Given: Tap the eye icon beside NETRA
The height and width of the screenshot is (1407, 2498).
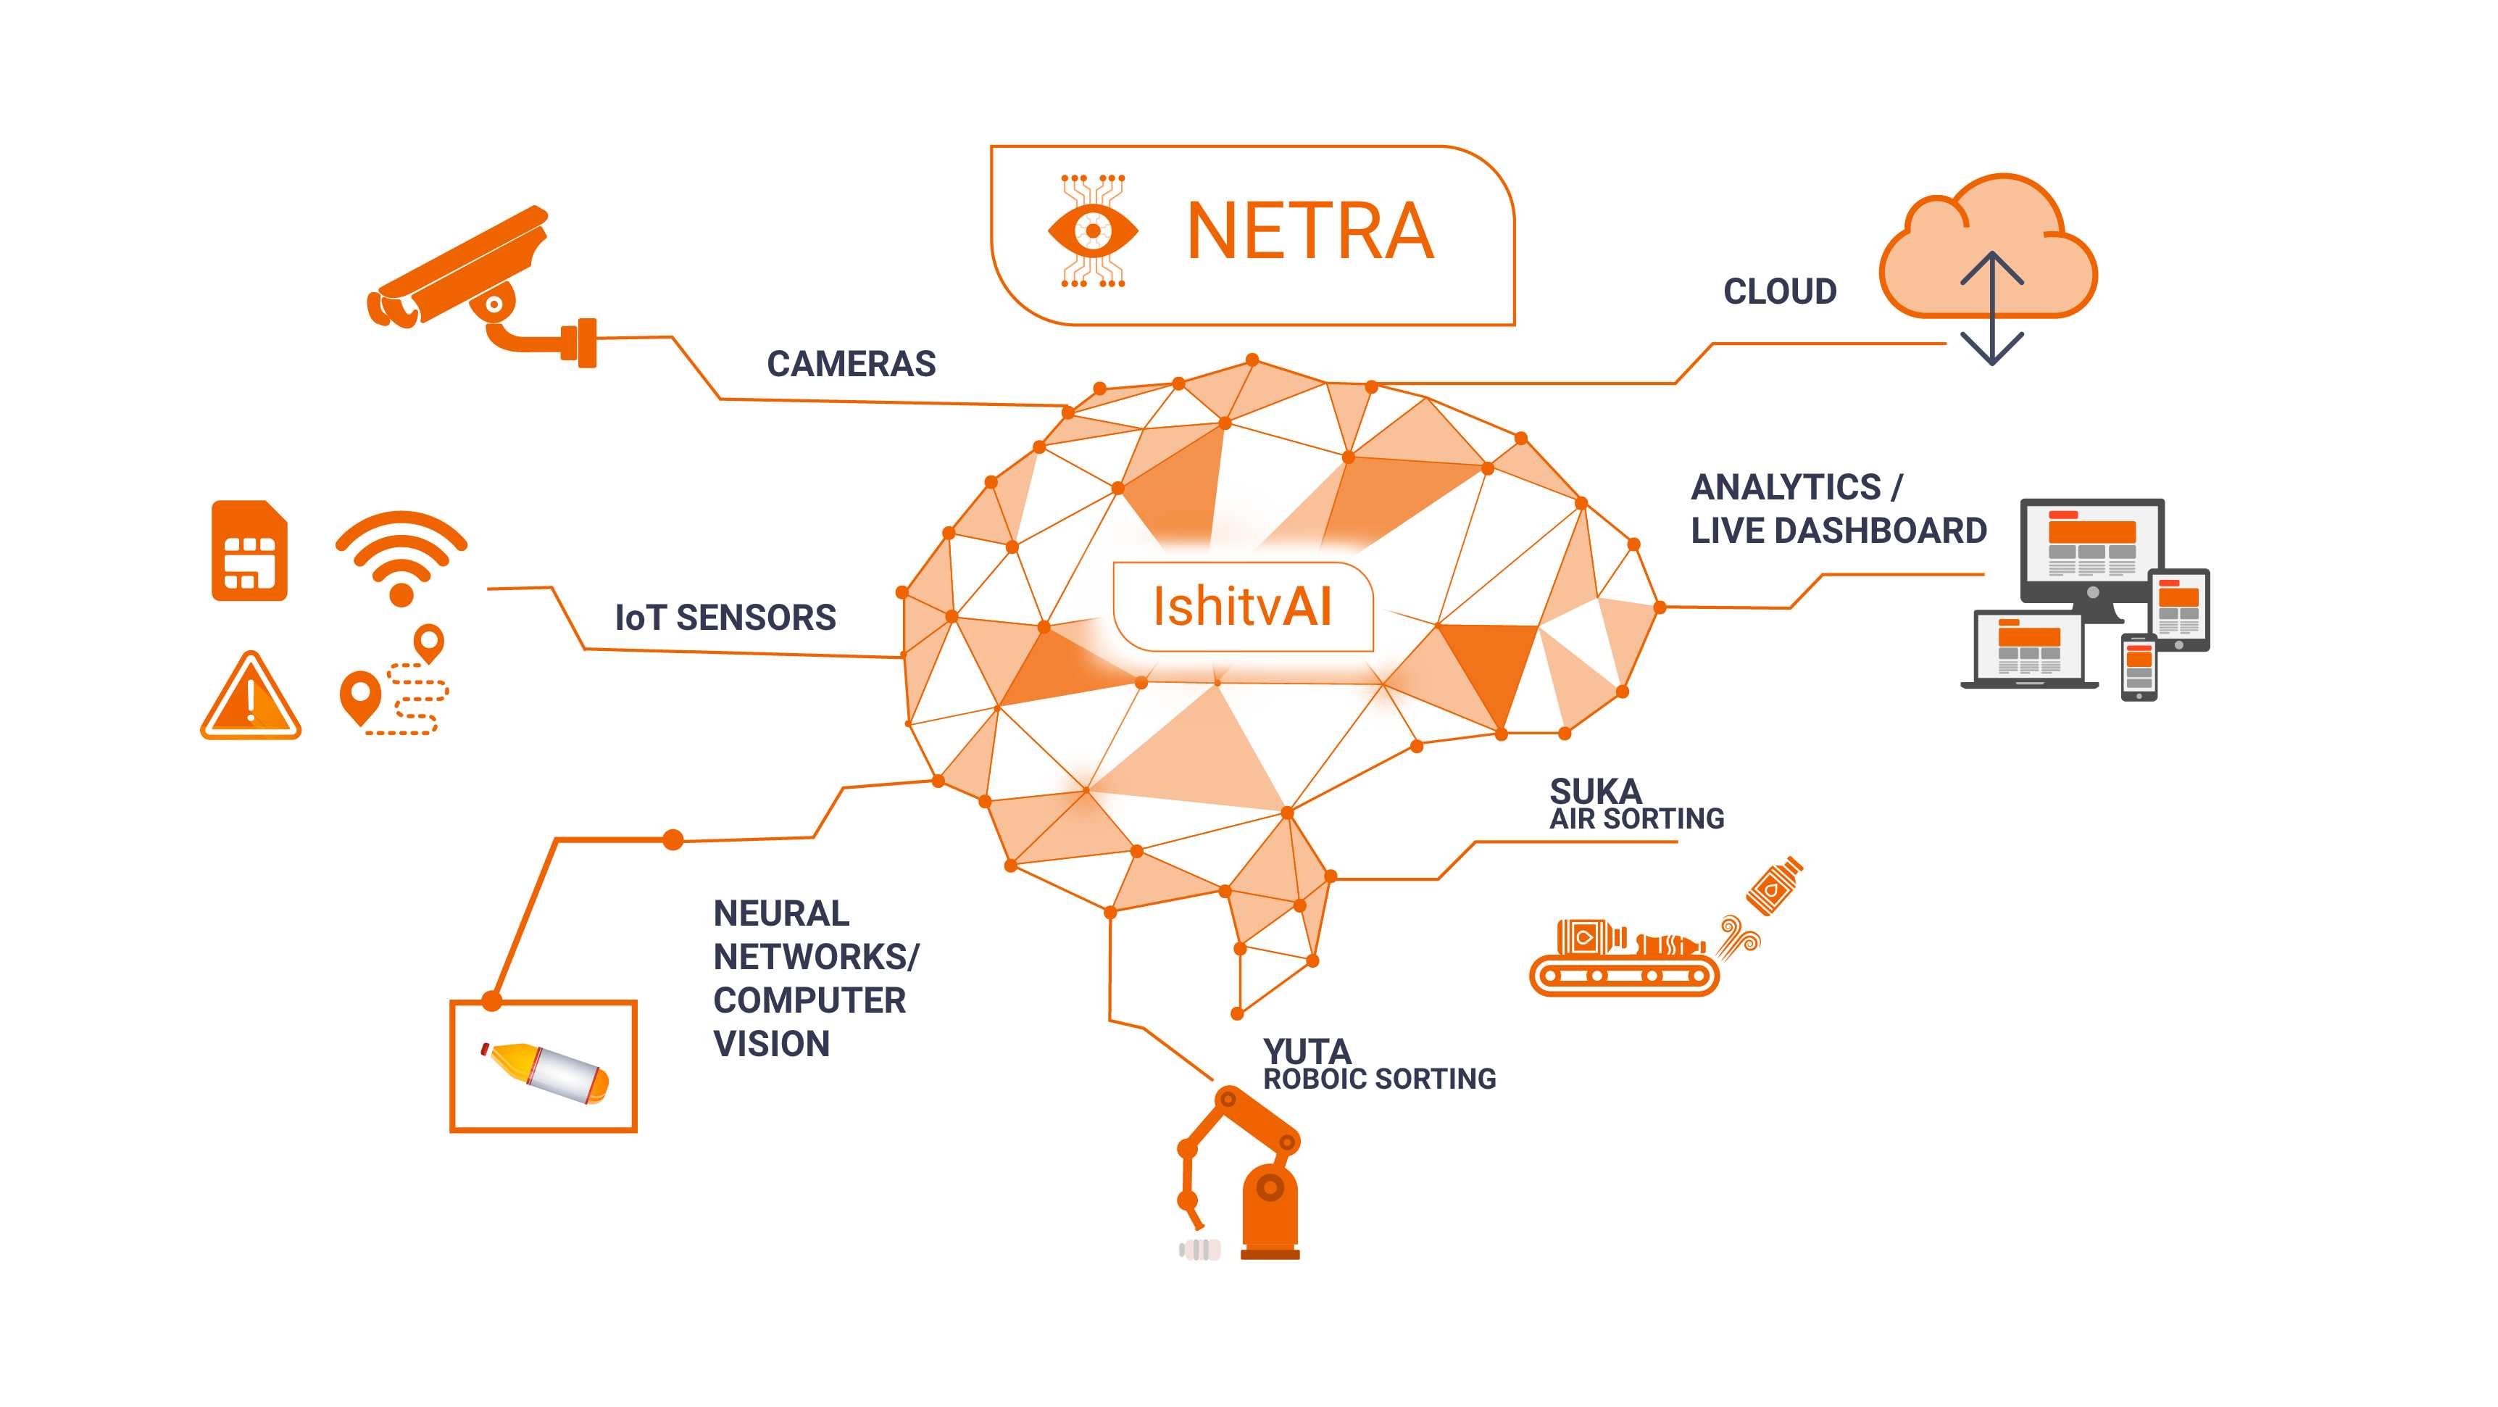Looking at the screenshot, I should click(1093, 231).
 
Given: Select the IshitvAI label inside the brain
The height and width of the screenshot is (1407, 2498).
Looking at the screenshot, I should click(1242, 607).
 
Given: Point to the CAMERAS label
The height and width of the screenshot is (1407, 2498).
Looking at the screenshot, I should click(851, 365).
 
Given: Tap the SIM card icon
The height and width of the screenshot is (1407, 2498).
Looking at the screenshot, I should click(249, 551).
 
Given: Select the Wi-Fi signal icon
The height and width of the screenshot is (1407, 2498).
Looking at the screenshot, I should click(401, 557).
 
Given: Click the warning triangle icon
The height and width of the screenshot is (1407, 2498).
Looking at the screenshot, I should click(250, 698).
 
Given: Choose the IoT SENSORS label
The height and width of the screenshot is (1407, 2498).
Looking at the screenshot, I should click(725, 618).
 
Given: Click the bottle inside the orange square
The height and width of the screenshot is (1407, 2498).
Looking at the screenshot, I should click(545, 1071).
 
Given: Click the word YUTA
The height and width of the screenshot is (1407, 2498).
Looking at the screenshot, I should click(1306, 1050).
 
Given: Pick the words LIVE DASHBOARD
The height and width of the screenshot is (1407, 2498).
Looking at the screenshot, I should click(1838, 531).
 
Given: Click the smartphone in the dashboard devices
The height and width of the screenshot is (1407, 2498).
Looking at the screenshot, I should click(2139, 667).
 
